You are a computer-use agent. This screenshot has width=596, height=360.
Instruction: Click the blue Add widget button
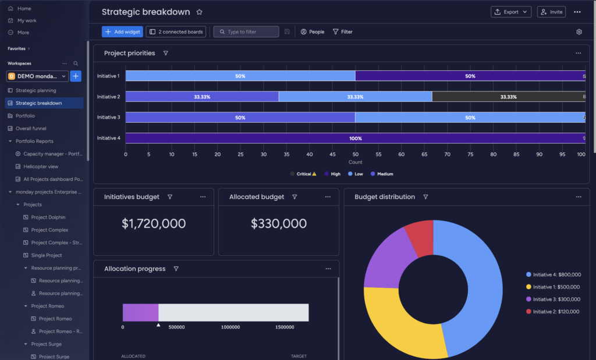(122, 32)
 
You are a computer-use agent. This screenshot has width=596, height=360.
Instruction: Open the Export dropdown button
(511, 12)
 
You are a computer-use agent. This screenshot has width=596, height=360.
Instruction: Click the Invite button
(551, 12)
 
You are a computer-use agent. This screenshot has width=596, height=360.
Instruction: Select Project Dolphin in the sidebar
(48, 218)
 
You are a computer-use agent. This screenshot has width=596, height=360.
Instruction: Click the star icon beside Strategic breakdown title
(200, 12)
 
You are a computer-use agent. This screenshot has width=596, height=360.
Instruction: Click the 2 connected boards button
(176, 32)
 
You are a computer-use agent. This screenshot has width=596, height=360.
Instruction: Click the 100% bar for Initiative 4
(355, 138)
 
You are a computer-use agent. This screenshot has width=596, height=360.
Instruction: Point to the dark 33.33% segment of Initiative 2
(508, 97)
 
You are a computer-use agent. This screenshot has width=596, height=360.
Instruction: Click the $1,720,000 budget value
(154, 224)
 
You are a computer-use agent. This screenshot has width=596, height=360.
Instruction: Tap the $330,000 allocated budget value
(279, 224)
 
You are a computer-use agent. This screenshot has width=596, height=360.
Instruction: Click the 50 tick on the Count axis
(355, 155)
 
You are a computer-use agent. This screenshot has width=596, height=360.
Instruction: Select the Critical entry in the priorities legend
(303, 174)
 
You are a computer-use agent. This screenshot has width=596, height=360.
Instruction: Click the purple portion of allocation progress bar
(140, 312)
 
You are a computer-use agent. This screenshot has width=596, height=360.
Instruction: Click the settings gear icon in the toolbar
(579, 32)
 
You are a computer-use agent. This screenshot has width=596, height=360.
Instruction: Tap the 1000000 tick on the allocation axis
(230, 327)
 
